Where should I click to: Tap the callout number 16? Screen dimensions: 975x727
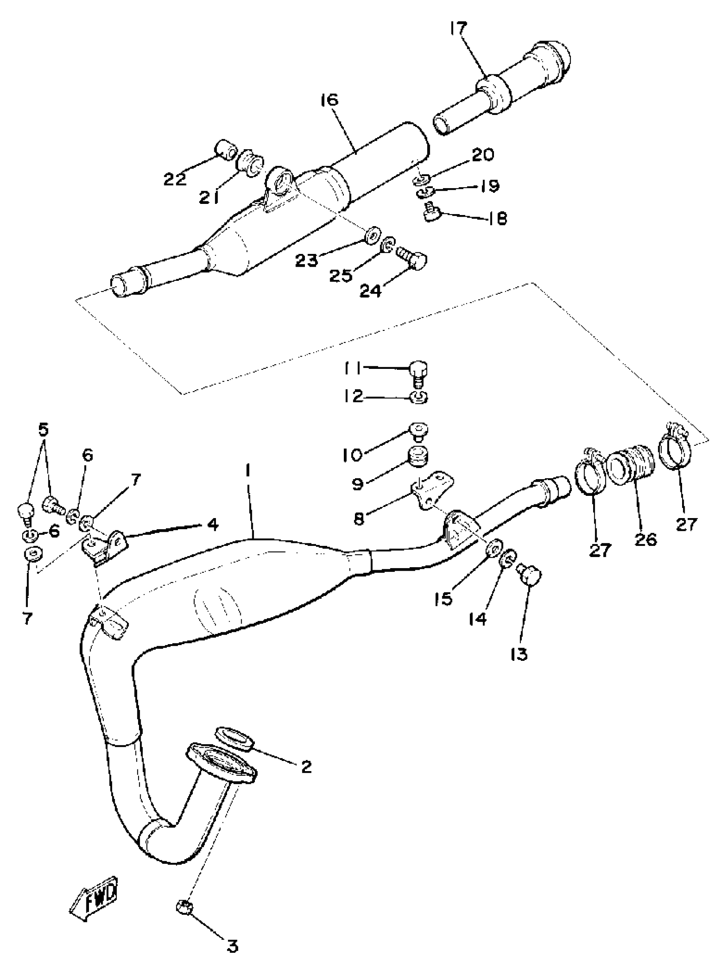coord(329,101)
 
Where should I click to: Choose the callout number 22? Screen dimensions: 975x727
coord(175,179)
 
